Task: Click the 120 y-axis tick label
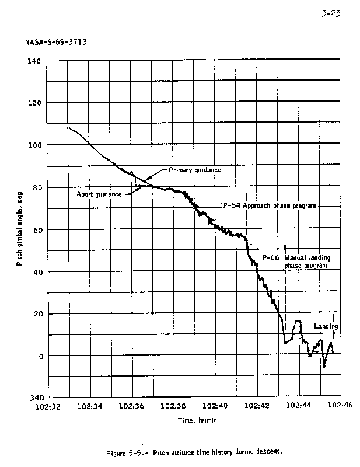tap(36, 103)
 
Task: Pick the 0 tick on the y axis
tap(40, 356)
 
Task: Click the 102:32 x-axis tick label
tap(46, 406)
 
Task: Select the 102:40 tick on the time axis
tap(215, 406)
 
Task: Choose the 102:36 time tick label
tap(131, 406)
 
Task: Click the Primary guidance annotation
tap(195, 170)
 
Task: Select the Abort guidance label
tap(99, 194)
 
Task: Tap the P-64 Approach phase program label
tap(269, 206)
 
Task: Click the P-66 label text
tap(270, 257)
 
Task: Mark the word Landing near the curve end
tap(326, 326)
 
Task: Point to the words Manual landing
tap(305, 257)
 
